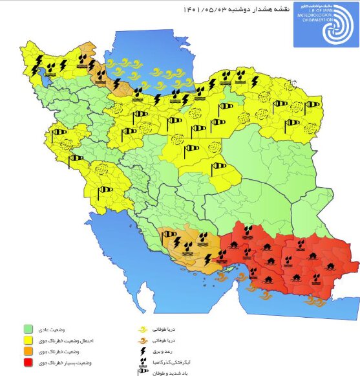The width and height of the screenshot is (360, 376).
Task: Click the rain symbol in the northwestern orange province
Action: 83,59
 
